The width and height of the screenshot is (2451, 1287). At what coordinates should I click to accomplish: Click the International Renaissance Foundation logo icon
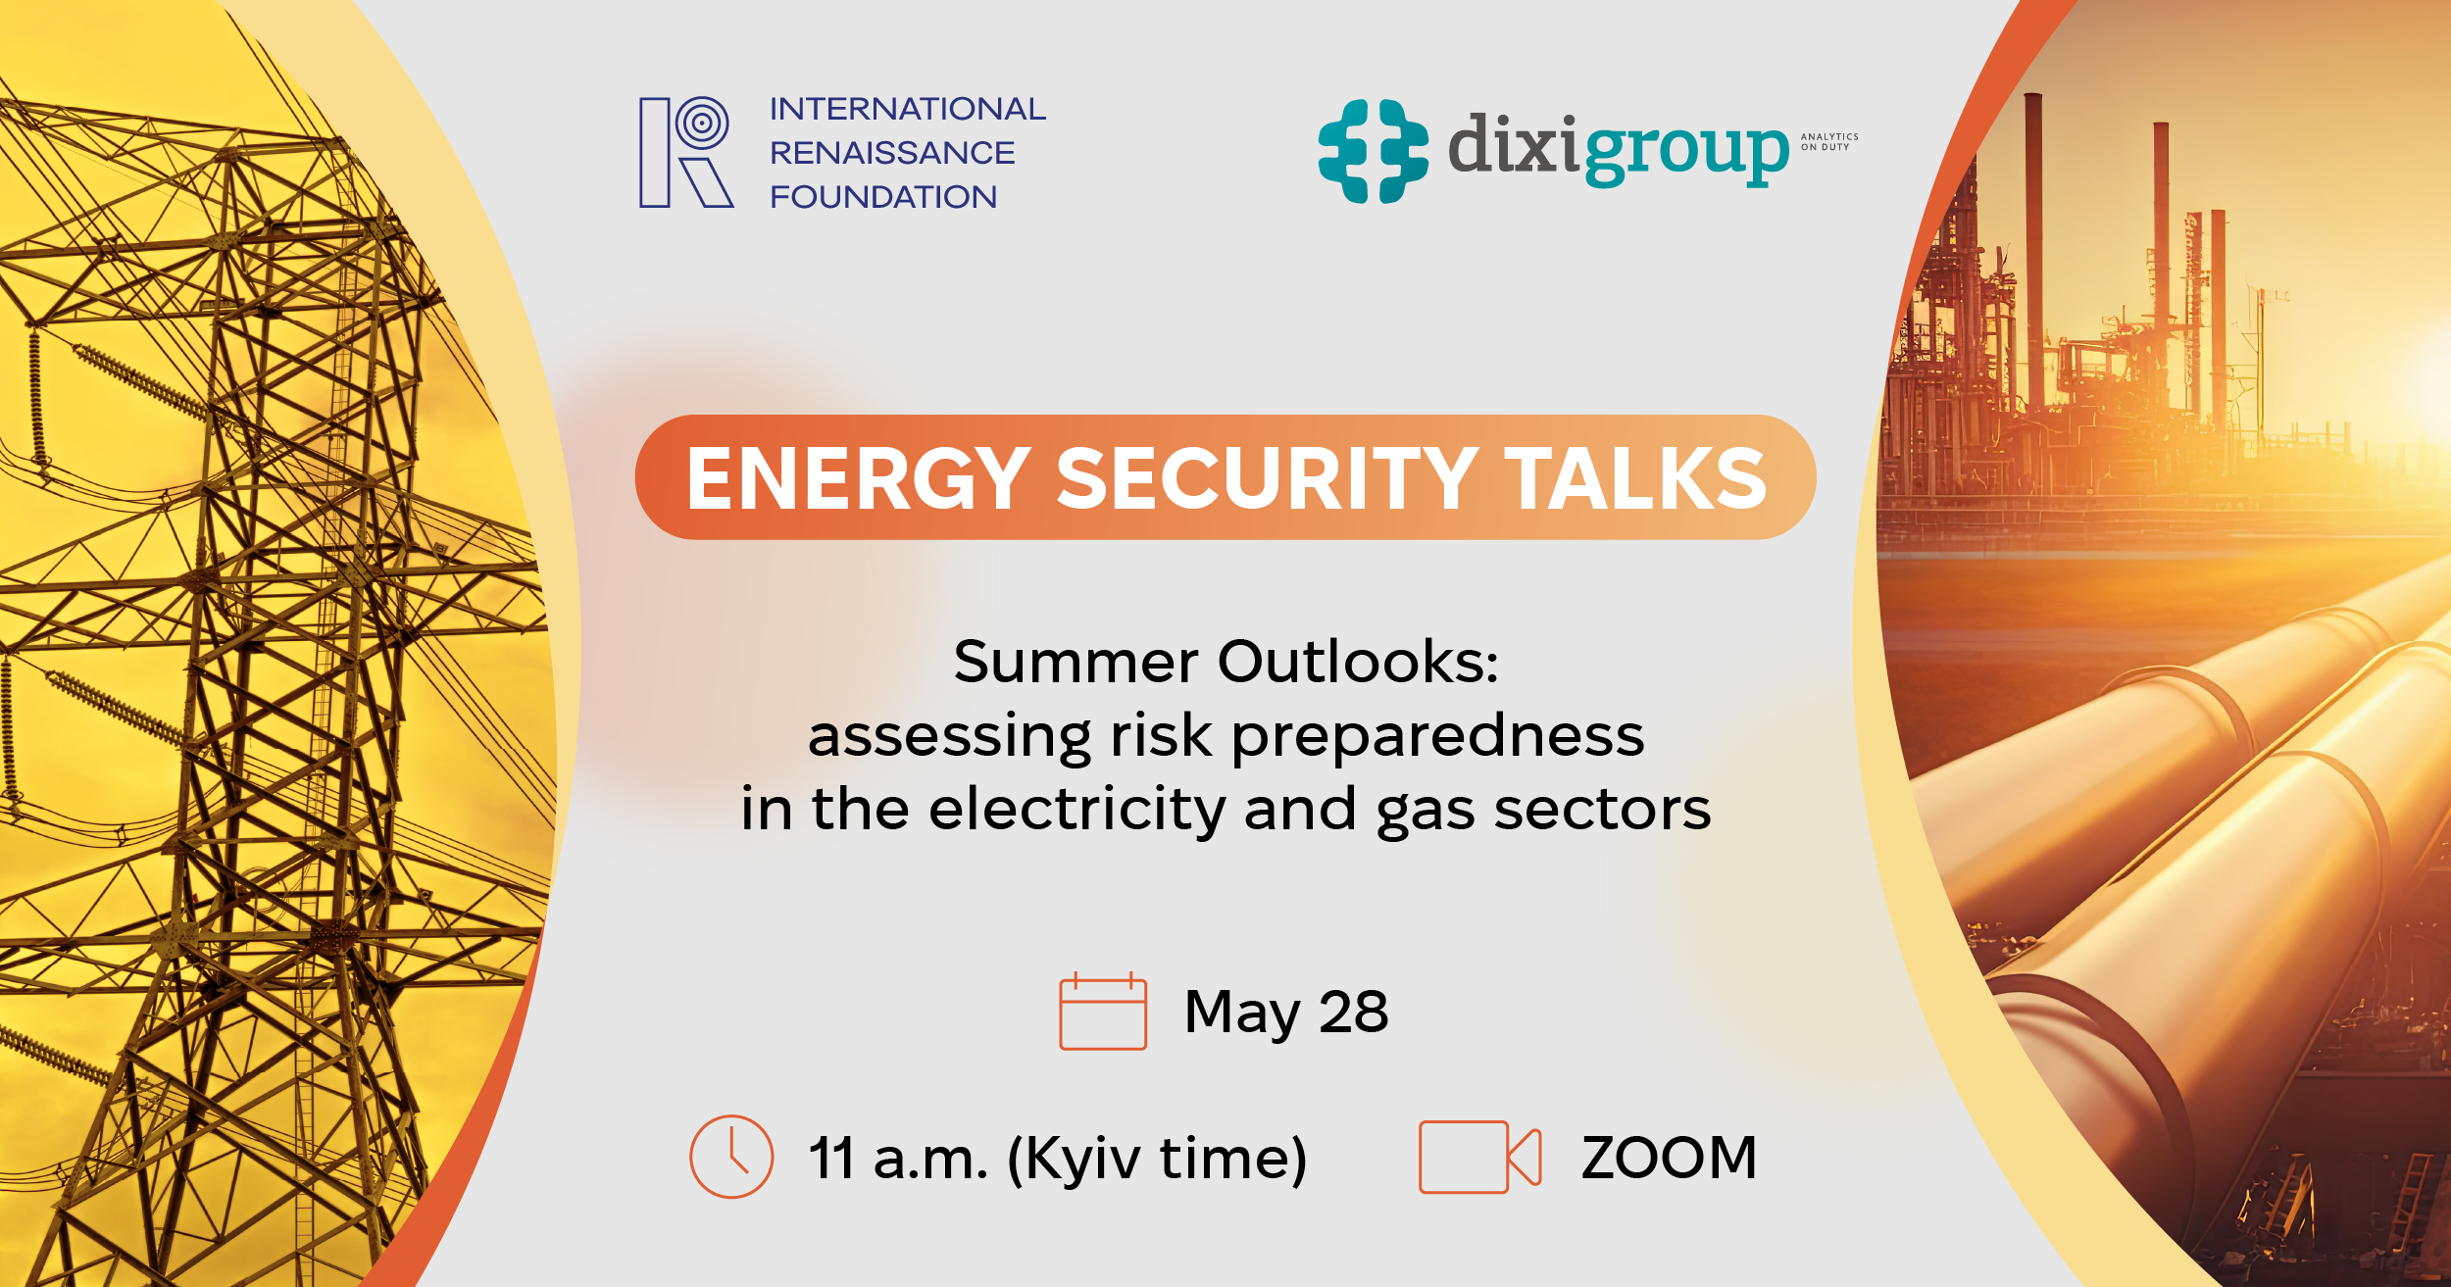click(686, 152)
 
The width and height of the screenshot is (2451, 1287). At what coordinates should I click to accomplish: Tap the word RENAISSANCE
click(892, 153)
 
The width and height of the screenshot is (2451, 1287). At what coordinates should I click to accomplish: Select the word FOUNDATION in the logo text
click(883, 197)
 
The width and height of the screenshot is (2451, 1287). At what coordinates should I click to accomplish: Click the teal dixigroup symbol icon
click(1373, 151)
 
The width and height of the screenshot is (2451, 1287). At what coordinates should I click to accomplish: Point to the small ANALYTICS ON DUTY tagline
click(1829, 142)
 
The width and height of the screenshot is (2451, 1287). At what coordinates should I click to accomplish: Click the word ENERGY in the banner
click(859, 478)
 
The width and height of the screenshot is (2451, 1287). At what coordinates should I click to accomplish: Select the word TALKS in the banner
click(1635, 478)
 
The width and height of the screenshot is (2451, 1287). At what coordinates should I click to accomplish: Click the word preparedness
click(1437, 736)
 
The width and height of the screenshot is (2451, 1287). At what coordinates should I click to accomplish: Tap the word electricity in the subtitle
click(1076, 810)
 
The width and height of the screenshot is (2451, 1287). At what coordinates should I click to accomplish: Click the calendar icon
click(1103, 1011)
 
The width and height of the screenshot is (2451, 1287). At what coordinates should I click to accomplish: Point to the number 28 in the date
click(1353, 1012)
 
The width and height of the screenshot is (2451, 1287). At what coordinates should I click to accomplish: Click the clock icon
click(731, 1157)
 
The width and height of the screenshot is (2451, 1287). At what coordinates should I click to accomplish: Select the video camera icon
click(1480, 1157)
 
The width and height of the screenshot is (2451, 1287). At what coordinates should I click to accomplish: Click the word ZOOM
click(1669, 1158)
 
